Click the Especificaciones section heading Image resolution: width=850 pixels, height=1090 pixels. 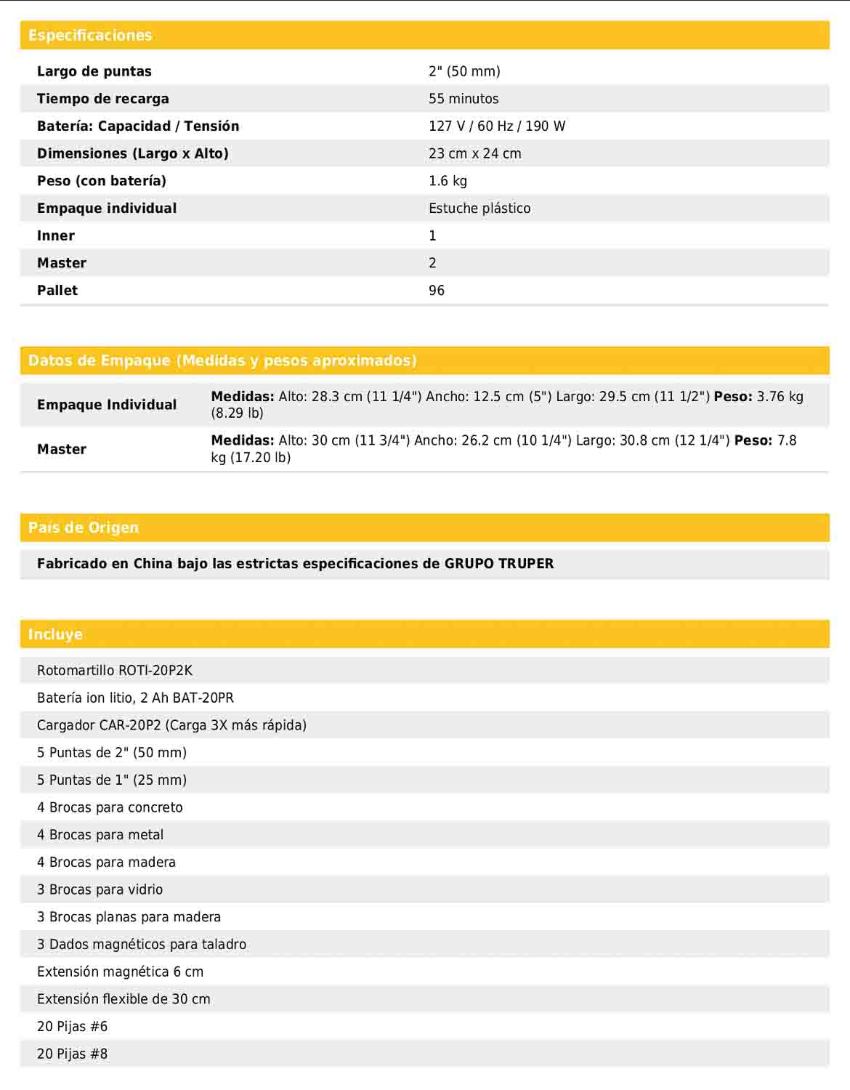click(90, 35)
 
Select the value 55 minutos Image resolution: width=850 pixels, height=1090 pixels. click(464, 99)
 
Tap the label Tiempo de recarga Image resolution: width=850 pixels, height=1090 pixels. click(102, 99)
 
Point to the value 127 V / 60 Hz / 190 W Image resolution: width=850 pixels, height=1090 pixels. click(497, 126)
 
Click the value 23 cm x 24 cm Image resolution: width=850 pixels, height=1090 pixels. click(474, 153)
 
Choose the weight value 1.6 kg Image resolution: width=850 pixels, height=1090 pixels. click(448, 181)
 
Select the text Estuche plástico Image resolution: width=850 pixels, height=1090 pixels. click(479, 209)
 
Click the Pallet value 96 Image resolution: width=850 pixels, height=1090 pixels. click(437, 291)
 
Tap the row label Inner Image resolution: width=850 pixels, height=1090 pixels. click(56, 235)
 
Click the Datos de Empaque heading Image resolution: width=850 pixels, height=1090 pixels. click(222, 360)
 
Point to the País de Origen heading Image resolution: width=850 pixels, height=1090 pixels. click(83, 528)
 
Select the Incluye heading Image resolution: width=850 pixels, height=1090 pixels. click(55, 634)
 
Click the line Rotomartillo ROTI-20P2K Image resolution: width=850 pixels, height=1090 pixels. click(115, 671)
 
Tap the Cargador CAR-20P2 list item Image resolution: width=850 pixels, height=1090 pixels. click(171, 725)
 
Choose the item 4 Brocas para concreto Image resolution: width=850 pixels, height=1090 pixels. click(110, 807)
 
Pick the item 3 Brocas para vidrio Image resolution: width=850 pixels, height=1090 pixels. click(100, 889)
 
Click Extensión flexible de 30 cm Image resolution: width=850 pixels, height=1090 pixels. click(124, 999)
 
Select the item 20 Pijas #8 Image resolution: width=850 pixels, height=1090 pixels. click(72, 1054)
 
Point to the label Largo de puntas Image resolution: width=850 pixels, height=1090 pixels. click(94, 71)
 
